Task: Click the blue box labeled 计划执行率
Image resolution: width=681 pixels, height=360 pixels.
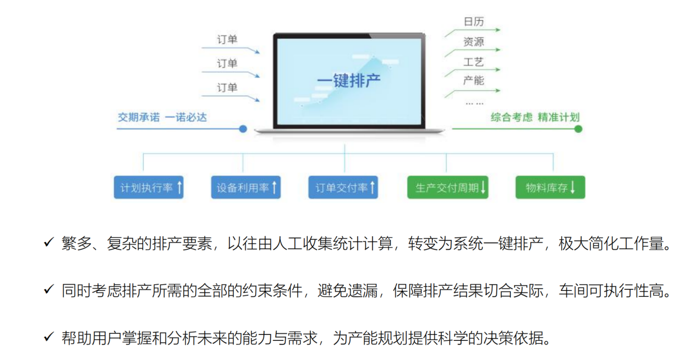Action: coord(149,187)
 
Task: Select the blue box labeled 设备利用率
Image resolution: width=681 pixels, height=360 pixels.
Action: coord(246,187)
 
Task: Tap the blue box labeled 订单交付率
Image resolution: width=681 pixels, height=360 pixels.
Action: coord(343,187)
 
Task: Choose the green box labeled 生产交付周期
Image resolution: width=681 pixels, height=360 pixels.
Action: coord(447,187)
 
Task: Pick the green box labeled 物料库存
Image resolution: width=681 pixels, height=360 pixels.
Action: coord(550,187)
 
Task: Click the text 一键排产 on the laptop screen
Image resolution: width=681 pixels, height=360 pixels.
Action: coord(348,81)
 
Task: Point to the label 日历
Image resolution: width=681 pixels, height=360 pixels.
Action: coord(473,22)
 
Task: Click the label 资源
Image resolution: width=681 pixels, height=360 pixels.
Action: coord(473,42)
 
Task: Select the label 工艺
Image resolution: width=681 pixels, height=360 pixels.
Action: coord(473,62)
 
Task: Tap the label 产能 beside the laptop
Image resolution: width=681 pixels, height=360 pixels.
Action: coord(473,80)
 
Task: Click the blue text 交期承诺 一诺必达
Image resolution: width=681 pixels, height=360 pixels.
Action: coord(162,117)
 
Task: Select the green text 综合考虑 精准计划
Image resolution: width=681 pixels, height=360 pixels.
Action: coord(535,117)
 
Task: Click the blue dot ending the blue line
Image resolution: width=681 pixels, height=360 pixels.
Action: coord(243,129)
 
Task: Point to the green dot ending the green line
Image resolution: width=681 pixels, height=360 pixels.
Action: coord(578,129)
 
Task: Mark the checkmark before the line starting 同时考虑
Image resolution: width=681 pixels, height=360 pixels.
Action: coord(49,290)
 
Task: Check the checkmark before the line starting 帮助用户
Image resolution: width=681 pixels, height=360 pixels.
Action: coord(49,337)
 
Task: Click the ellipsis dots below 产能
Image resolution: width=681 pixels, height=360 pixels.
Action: coord(474,103)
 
